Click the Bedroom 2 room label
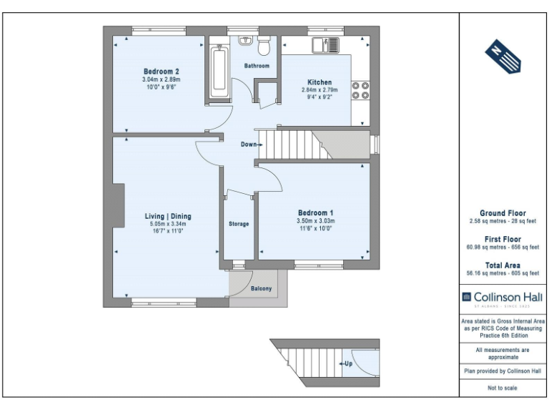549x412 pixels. click(x=161, y=71)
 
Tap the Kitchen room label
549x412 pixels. click(x=320, y=82)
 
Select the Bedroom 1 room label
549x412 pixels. click(x=316, y=213)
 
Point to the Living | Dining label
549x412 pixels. click(x=168, y=216)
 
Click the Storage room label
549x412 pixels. click(x=239, y=224)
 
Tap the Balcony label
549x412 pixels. click(x=261, y=289)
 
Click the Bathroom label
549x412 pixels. click(x=257, y=66)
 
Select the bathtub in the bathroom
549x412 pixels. click(x=219, y=74)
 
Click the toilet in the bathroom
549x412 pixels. click(x=263, y=46)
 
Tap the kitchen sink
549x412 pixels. click(x=328, y=45)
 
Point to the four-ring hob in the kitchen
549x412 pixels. click(x=360, y=90)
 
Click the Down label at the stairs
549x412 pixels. click(x=249, y=144)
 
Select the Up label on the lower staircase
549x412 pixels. click(x=348, y=363)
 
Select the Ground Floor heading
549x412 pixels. click(x=502, y=213)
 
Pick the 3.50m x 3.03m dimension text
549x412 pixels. click(x=316, y=222)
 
